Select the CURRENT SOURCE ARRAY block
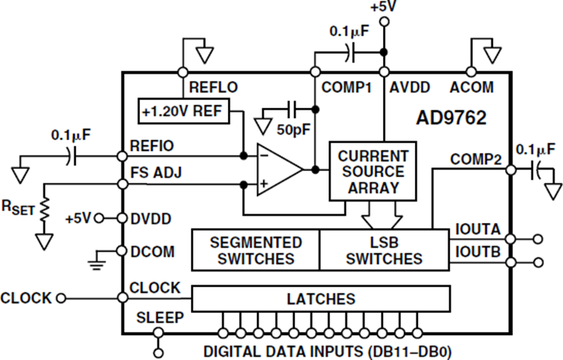[x=373, y=171]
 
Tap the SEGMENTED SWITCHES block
[x=255, y=250]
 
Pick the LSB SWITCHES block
[x=384, y=250]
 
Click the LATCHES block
[x=320, y=299]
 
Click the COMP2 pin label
[x=476, y=160]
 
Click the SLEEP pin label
[x=160, y=318]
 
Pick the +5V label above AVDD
[x=383, y=8]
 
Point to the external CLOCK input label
[x=26, y=298]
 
